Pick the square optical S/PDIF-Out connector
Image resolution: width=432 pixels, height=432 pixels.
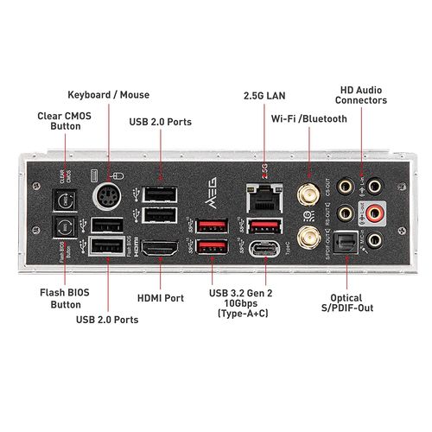pos(346,246)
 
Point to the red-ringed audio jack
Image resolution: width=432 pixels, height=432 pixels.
pos(374,212)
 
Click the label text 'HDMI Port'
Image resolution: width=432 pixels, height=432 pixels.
pos(162,298)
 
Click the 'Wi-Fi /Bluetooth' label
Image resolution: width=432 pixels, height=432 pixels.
pos(308,118)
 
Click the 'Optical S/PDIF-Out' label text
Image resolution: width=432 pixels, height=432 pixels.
pos(350,302)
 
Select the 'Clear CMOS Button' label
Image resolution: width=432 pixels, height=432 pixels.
pos(60,120)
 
